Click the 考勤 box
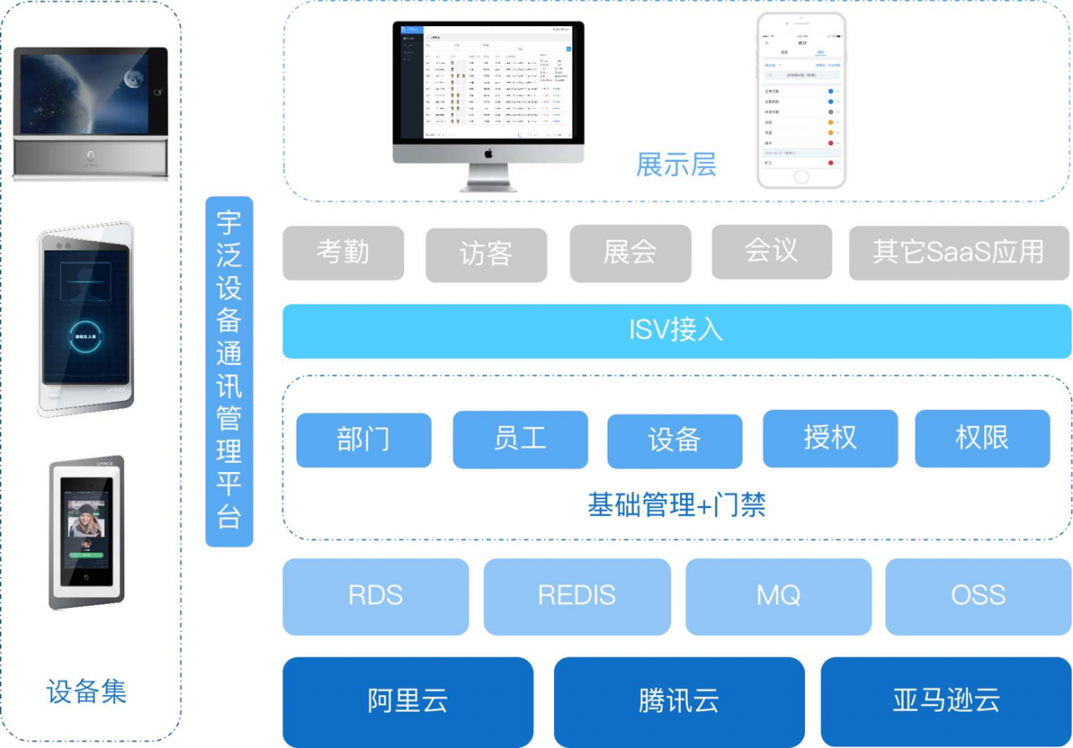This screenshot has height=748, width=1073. point(343,252)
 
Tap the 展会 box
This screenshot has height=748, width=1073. point(630,253)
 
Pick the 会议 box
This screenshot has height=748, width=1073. point(771,252)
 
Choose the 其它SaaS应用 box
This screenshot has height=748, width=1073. point(959,252)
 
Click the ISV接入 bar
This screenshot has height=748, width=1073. point(676,330)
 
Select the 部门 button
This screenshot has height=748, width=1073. point(364,439)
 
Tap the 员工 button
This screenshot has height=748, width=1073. point(520,439)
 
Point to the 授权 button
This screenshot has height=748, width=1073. point(830,438)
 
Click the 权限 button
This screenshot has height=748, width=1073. point(982,438)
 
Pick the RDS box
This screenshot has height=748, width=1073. point(376,596)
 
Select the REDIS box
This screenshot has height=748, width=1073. point(577,596)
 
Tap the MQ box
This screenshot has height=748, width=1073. point(778,596)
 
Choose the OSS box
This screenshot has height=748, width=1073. point(978,596)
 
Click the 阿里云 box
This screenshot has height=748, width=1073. point(407,701)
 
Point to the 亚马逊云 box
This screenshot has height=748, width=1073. point(946,701)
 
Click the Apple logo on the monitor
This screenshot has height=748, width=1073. point(488,153)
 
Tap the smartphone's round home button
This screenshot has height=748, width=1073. point(801,177)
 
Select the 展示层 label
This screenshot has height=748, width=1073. point(676,165)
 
